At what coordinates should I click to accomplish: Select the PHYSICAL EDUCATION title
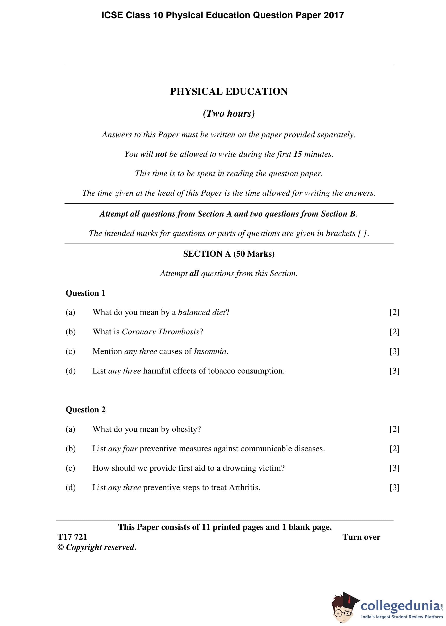pos(229,91)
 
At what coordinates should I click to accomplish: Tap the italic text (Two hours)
pos(229,113)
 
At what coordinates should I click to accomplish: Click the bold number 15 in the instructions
pos(298,154)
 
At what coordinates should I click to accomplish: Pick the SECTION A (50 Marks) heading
pos(229,253)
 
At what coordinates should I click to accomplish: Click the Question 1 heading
pos(86,293)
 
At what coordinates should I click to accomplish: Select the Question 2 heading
pos(86,409)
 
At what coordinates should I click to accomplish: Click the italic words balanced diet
pos(202,312)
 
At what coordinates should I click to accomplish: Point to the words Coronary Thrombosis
pos(161,332)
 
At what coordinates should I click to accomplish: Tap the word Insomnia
pos(210,351)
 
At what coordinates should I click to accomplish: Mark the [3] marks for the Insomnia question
pos(394,351)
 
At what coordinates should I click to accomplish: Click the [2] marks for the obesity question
pos(394,429)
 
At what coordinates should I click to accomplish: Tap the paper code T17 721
pos(72,537)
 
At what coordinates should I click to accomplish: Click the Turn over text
pos(361,537)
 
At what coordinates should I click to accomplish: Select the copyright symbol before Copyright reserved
pos(60,548)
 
